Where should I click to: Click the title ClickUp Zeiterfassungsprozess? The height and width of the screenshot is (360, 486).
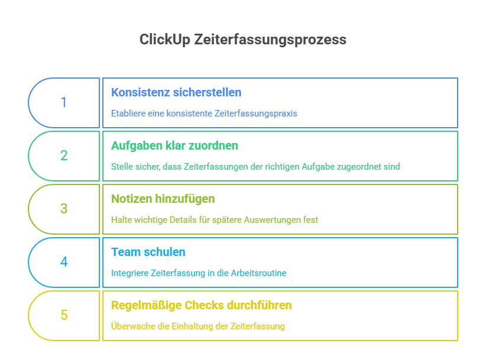pos(242,40)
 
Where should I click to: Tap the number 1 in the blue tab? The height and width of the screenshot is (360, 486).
pos(64,102)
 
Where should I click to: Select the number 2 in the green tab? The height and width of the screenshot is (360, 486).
pos(64,155)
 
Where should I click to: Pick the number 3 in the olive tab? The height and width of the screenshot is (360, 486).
pos(64,209)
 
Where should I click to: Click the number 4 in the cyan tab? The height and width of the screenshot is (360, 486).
pos(64,262)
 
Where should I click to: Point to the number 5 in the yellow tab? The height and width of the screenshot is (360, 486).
pos(64,315)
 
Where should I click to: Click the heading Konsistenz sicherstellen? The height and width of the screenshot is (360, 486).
pos(176,93)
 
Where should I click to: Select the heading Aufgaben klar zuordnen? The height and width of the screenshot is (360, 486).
pos(175,146)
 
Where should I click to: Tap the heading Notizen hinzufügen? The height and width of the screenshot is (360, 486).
pos(163,199)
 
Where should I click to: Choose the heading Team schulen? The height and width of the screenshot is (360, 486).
pos(148,252)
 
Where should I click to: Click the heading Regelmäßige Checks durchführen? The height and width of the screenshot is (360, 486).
pos(201,306)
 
